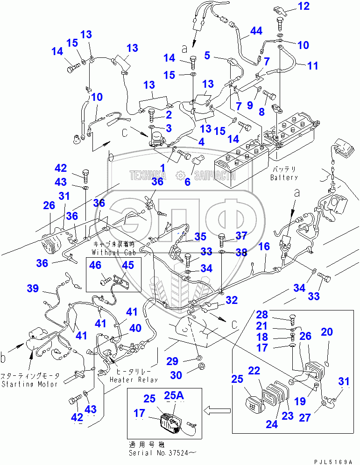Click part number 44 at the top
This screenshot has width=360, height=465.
tap(256, 31)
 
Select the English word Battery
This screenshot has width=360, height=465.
tap(284, 178)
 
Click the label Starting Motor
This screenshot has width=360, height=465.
tap(29, 384)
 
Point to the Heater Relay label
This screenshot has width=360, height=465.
tap(134, 380)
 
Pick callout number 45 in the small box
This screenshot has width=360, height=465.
tap(128, 265)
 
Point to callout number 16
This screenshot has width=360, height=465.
tap(264, 246)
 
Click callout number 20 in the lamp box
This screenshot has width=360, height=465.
tap(327, 332)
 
